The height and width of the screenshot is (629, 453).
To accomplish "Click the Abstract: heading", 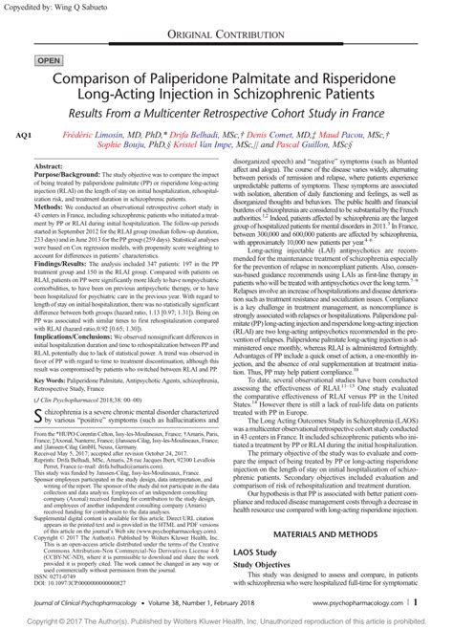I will point(52,166).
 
